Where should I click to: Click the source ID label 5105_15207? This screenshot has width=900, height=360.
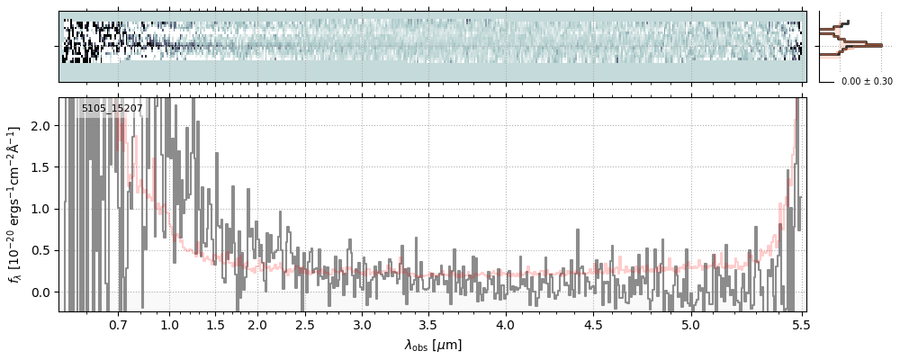point(112,109)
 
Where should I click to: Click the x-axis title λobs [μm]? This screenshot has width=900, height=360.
point(432,345)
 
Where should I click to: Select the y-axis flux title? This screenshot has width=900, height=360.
point(15,204)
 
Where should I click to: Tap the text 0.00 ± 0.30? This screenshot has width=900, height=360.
point(867,82)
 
